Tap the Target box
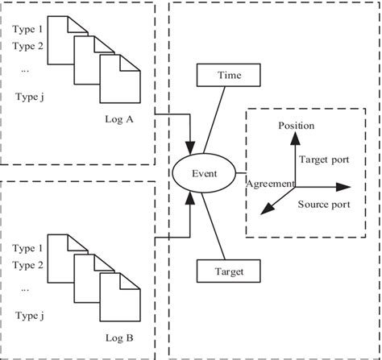(230, 272)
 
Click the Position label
(296, 126)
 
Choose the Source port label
(323, 205)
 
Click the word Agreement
(271, 184)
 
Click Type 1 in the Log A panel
(28, 30)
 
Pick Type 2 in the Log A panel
(28, 46)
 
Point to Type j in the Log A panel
(28, 97)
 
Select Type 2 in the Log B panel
(28, 263)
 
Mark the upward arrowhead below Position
(296, 139)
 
